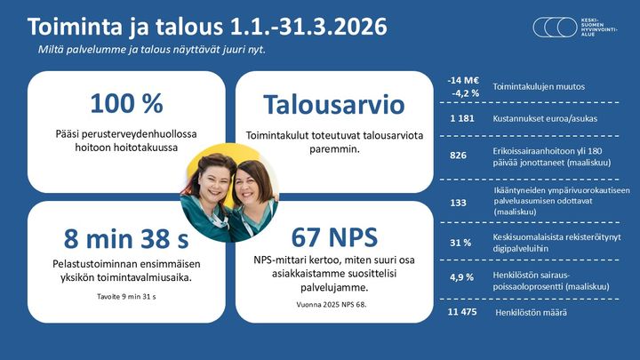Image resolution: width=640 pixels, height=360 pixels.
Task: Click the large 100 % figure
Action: pyautogui.click(x=126, y=103)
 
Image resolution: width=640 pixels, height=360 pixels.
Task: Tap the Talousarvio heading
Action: pyautogui.click(x=333, y=105)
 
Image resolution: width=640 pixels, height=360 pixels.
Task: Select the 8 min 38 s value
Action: pyautogui.click(x=126, y=238)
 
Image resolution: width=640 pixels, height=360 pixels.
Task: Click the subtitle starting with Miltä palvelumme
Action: pyautogui.click(x=146, y=48)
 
